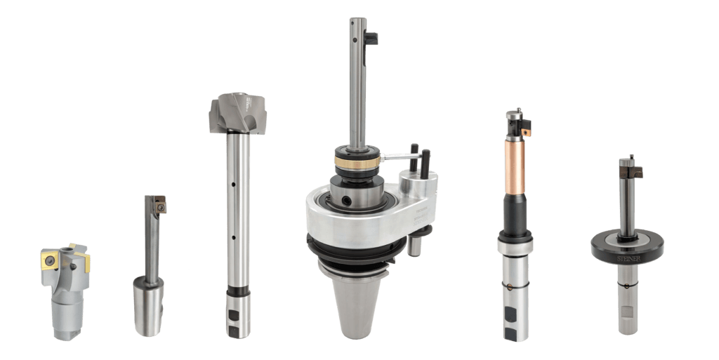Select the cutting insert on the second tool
point(159,206)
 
